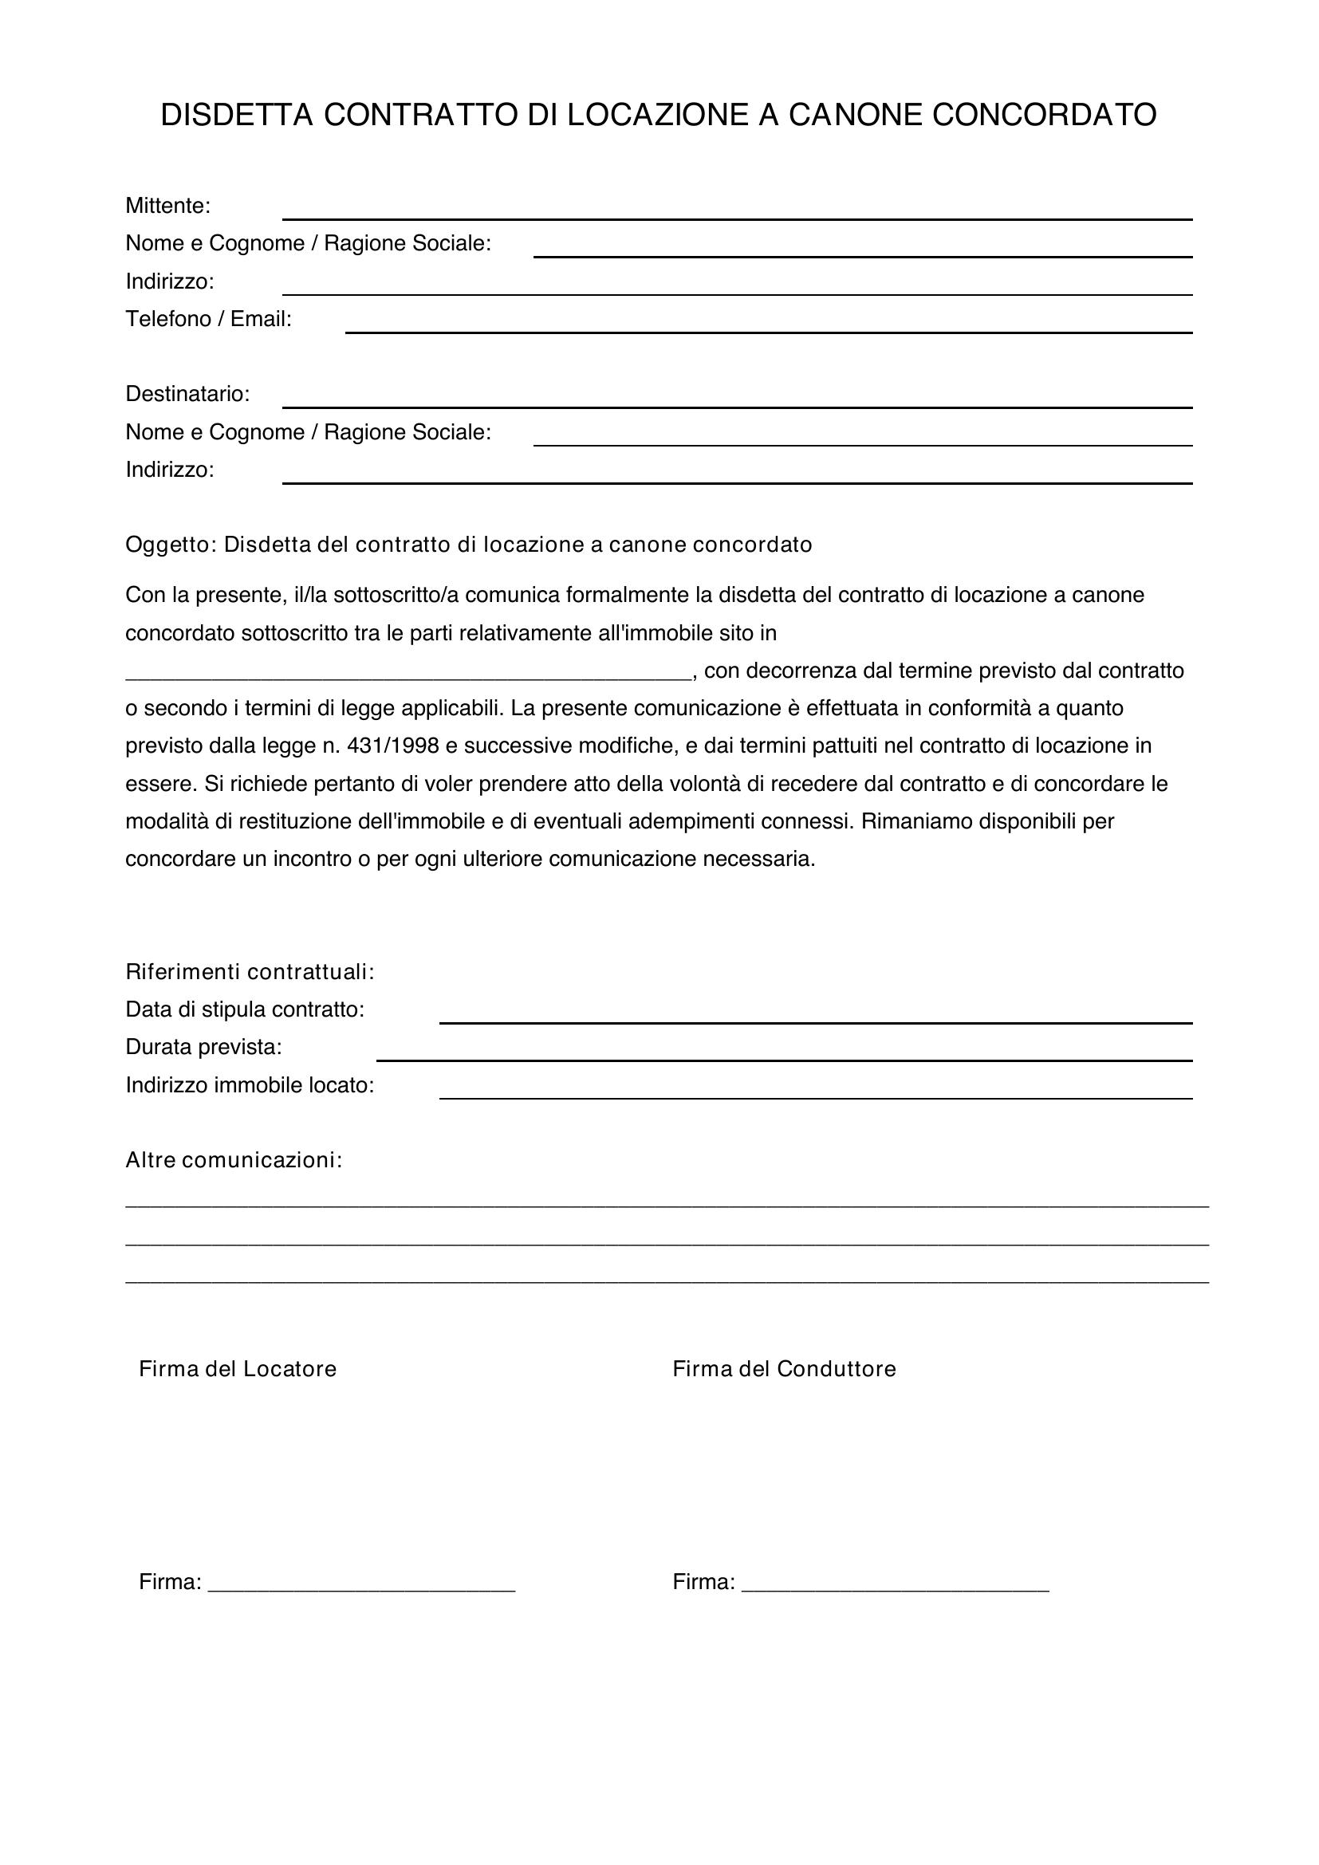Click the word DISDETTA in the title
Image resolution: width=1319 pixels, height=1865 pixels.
(x=236, y=116)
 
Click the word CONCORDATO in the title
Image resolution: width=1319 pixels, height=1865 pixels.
(x=1044, y=116)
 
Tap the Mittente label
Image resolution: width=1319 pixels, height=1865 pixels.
(x=167, y=207)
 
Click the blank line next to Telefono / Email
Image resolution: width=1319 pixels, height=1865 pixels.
(x=768, y=331)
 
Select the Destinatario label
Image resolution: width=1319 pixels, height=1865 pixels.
(x=187, y=394)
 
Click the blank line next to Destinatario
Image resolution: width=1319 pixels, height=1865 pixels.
(x=737, y=405)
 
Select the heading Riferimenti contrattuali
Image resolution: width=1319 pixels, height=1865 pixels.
(x=250, y=971)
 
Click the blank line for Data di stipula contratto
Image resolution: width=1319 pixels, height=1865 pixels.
(x=816, y=1021)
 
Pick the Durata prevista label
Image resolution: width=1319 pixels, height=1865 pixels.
(x=203, y=1047)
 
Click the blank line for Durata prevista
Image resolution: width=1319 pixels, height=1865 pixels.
(x=784, y=1059)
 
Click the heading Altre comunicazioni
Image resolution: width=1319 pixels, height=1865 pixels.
(x=233, y=1160)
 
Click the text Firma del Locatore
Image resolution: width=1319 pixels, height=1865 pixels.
(x=237, y=1369)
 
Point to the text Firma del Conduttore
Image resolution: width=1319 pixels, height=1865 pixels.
(x=784, y=1369)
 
